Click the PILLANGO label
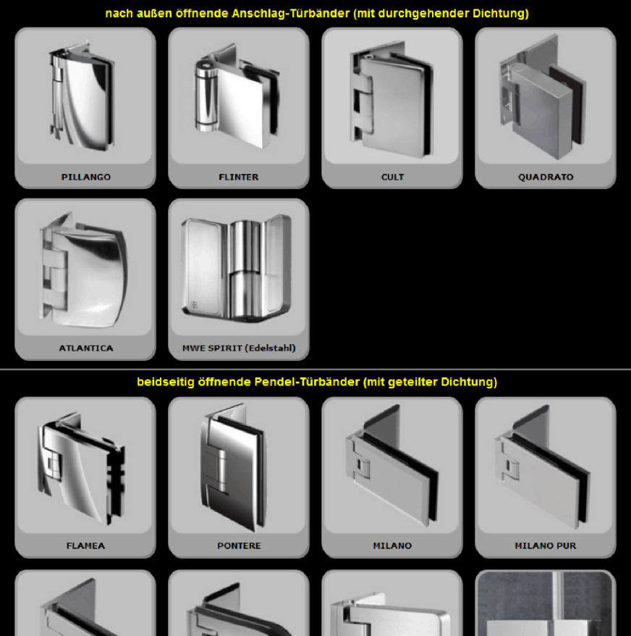point(86,177)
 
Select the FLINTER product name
point(239,177)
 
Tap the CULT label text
point(392,177)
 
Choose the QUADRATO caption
point(546,177)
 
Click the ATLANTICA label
point(86,348)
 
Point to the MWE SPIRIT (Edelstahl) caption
point(239,348)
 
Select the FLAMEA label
point(86,545)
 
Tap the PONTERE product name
point(239,545)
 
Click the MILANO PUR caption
point(546,545)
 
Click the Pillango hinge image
point(82,96)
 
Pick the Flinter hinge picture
point(237,96)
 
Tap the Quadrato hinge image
point(543,97)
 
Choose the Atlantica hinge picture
point(83,269)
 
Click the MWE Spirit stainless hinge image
point(237,267)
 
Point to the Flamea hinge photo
point(82,469)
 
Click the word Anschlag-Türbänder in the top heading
point(291,13)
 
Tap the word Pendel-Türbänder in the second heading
point(307,382)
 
